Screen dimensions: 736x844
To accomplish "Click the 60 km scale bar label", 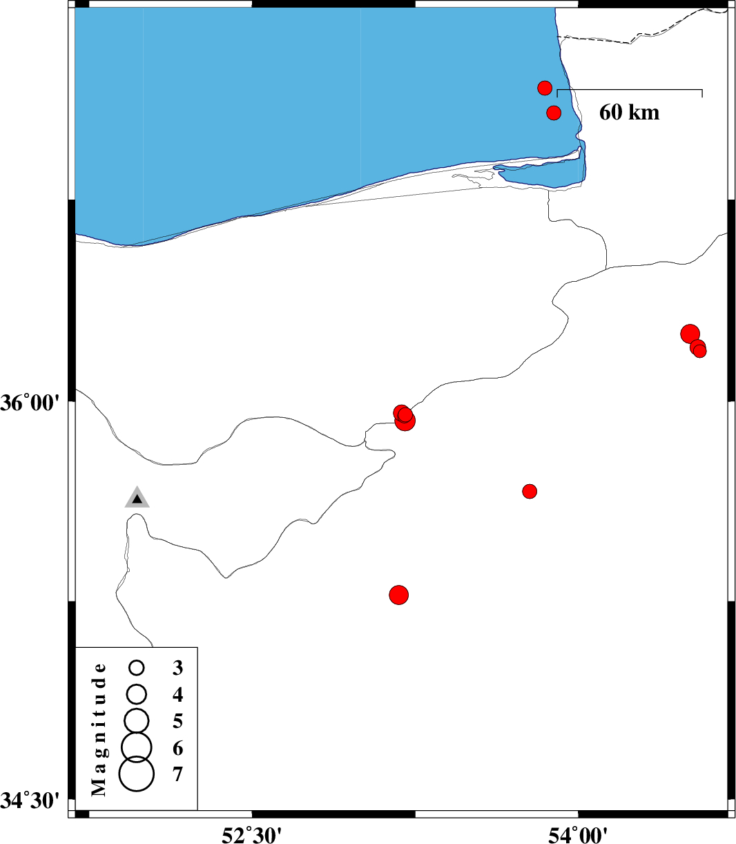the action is pyautogui.click(x=629, y=112).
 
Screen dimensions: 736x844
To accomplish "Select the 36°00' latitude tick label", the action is pyautogui.click(x=30, y=403).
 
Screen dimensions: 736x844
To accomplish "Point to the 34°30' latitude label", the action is pyautogui.click(x=30, y=800).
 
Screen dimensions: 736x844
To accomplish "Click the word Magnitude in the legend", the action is pyautogui.click(x=99, y=729).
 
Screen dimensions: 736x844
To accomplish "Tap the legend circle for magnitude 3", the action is pyautogui.click(x=137, y=667).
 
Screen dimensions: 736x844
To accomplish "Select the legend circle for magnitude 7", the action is pyautogui.click(x=137, y=774).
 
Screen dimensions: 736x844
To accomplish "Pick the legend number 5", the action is pyautogui.click(x=177, y=720).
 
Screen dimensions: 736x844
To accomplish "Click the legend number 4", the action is pyautogui.click(x=177, y=694).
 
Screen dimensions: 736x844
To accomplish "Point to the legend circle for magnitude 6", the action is pyautogui.click(x=137, y=747).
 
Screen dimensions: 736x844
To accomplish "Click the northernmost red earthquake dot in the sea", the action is pyautogui.click(x=545, y=88).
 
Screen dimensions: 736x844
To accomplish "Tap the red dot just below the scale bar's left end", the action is pyautogui.click(x=554, y=113).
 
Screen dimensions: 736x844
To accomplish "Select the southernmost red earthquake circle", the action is pyautogui.click(x=398, y=595).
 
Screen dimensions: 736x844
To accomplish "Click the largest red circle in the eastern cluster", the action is pyautogui.click(x=690, y=334).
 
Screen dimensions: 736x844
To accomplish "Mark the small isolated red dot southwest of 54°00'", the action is pyautogui.click(x=530, y=491).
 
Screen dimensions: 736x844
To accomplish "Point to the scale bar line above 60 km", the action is pyautogui.click(x=630, y=90).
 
